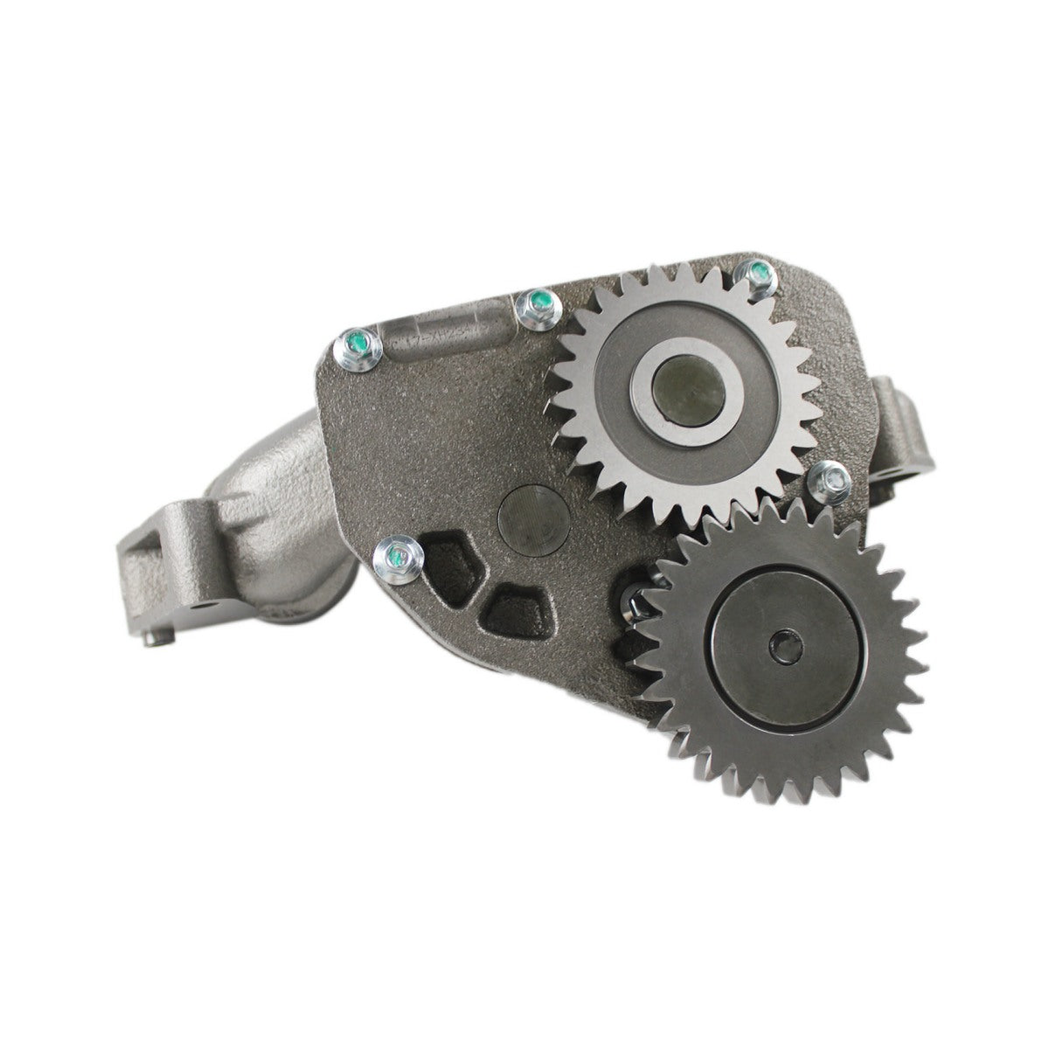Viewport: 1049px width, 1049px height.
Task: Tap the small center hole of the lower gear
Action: (x=780, y=649)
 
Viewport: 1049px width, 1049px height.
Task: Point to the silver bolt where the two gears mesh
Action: (x=827, y=478)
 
